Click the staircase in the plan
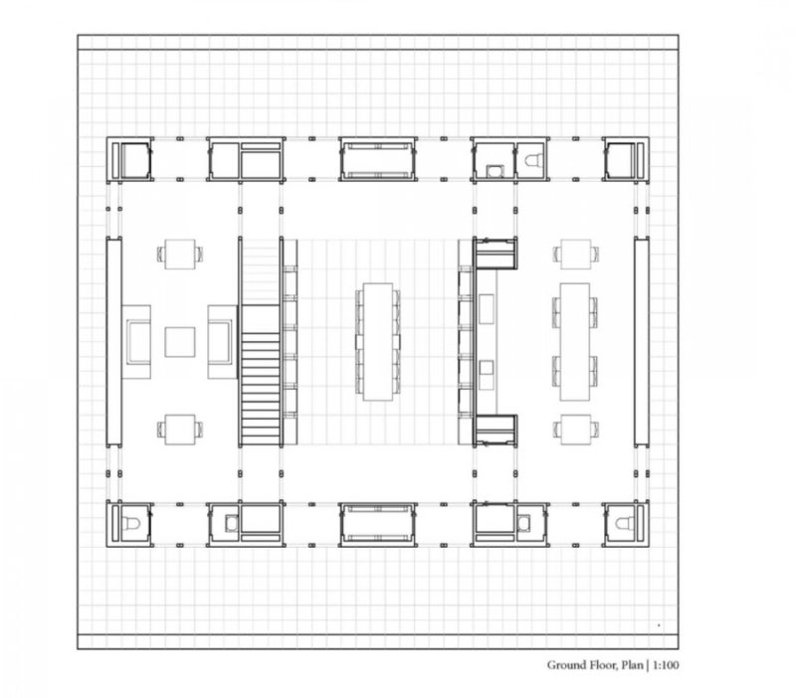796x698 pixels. (260, 375)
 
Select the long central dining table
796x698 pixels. (378, 342)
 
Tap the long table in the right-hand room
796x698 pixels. (575, 342)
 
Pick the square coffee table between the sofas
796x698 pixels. (180, 342)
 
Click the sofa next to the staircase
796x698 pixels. (222, 342)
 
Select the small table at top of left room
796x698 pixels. (180, 254)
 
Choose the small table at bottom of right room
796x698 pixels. (576, 430)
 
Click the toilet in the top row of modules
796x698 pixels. (533, 161)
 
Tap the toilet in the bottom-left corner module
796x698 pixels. (131, 522)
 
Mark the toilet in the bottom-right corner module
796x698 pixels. (625, 522)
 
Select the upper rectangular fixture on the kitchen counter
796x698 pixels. (487, 308)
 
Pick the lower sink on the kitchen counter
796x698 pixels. (487, 367)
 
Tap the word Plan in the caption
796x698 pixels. (632, 665)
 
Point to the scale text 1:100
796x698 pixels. (666, 665)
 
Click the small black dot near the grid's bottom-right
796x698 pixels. (659, 625)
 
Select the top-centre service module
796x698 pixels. (378, 159)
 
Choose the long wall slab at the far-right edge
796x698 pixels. (642, 342)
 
